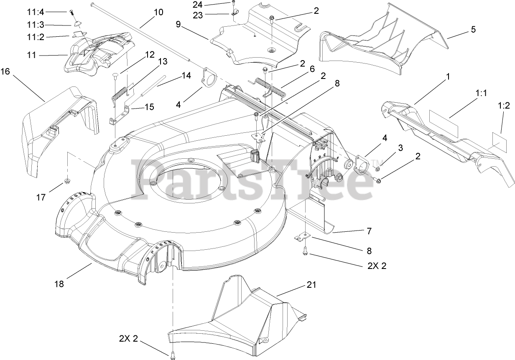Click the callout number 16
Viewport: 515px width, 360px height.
(x=5, y=72)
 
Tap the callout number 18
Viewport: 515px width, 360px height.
(x=59, y=284)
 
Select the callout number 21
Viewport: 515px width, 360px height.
(x=311, y=285)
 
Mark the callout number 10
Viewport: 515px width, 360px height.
(x=158, y=12)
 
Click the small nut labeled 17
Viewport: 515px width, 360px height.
(x=66, y=181)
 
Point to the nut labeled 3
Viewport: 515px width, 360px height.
(x=377, y=169)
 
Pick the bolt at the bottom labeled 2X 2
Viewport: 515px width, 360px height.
(x=172, y=355)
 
